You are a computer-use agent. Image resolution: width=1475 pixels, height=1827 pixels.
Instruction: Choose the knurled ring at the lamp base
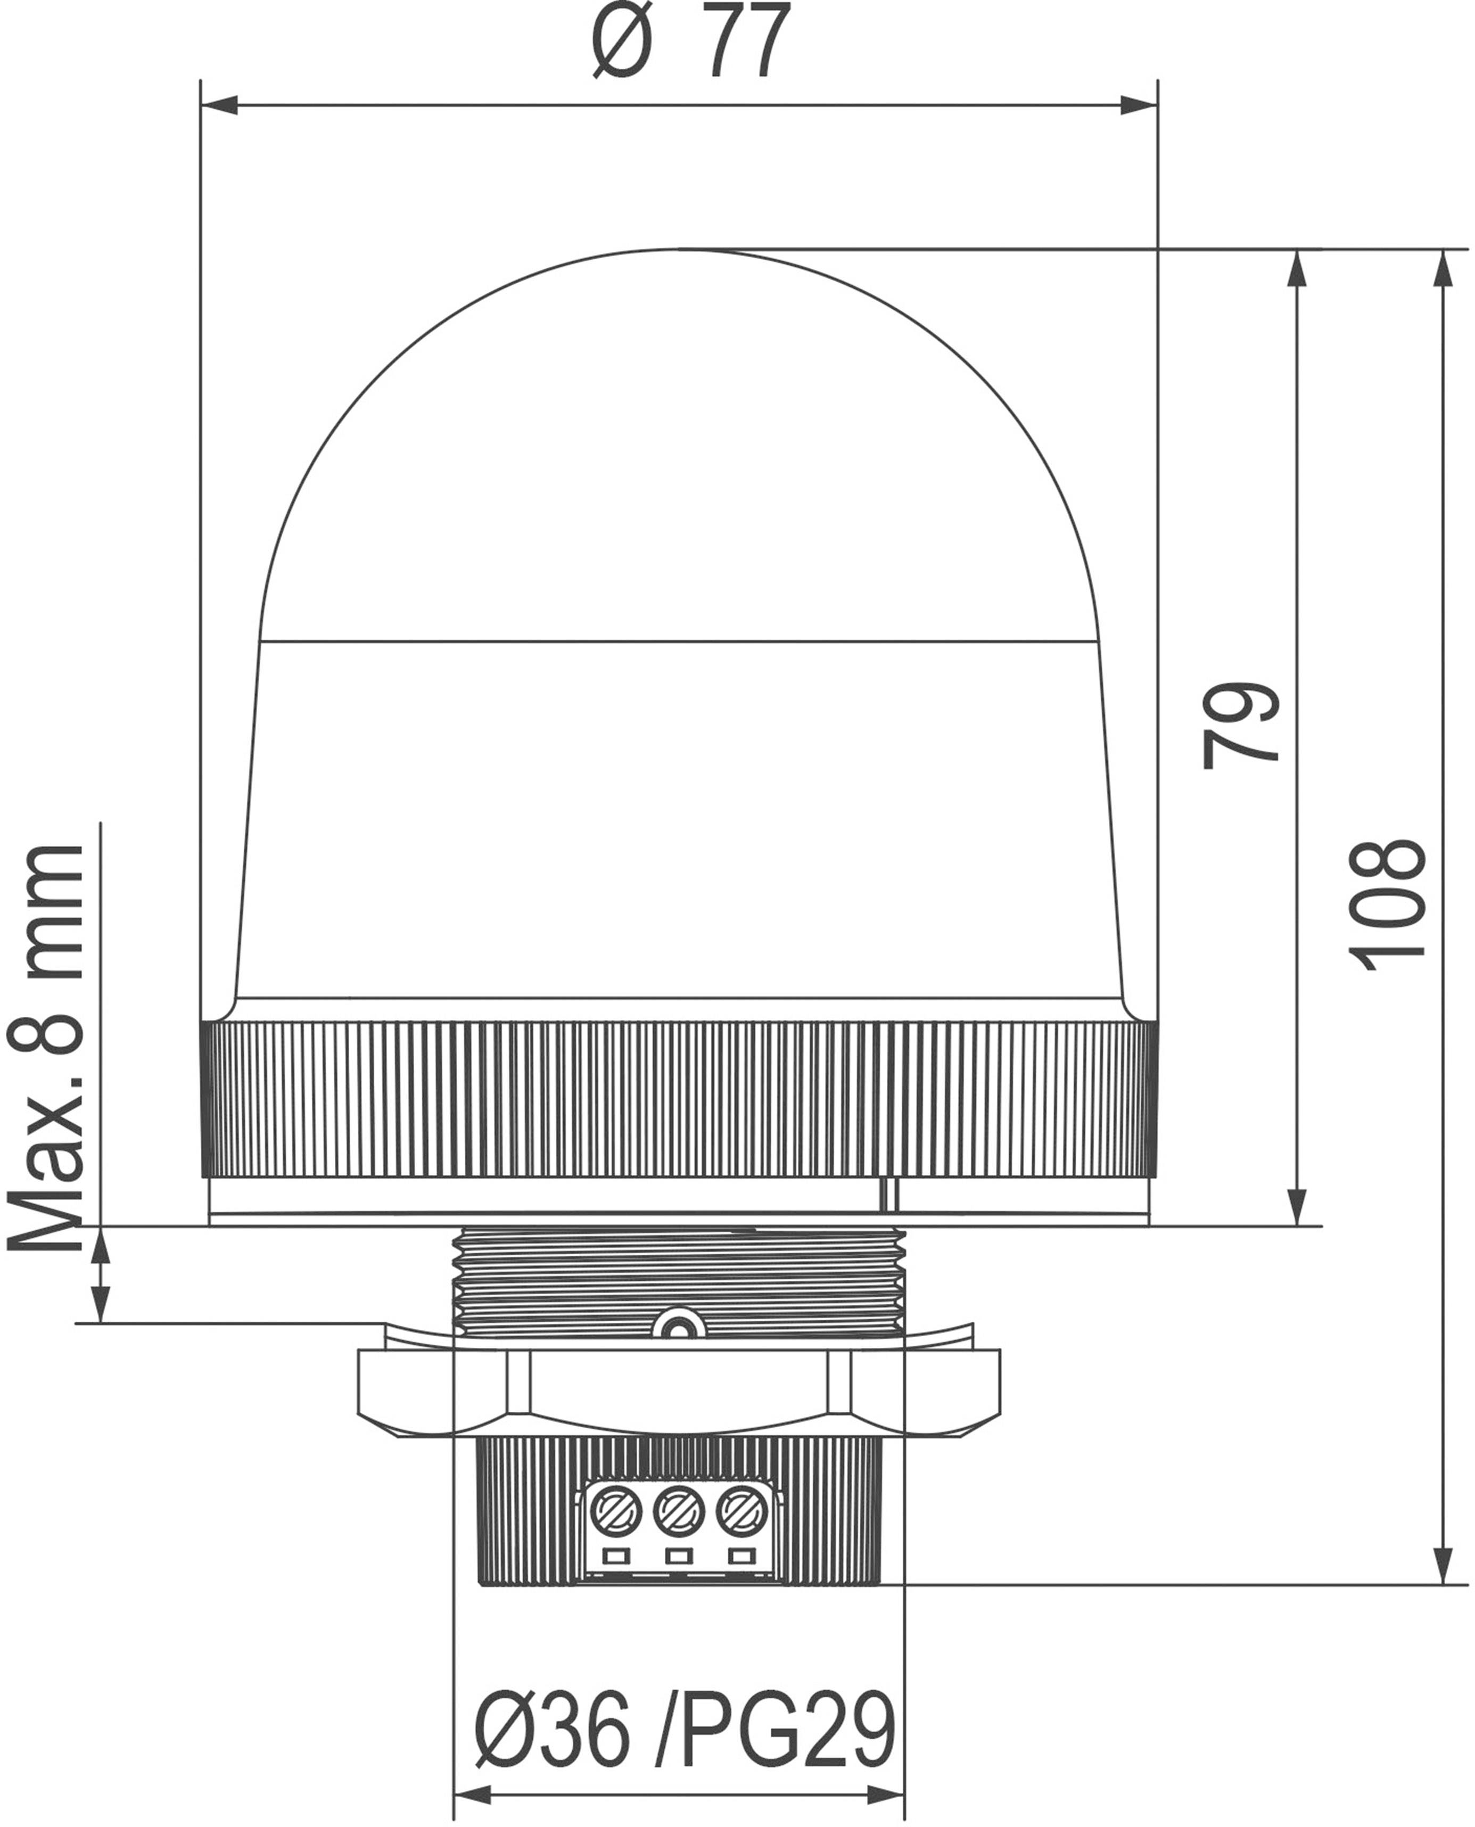pos(679,1100)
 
